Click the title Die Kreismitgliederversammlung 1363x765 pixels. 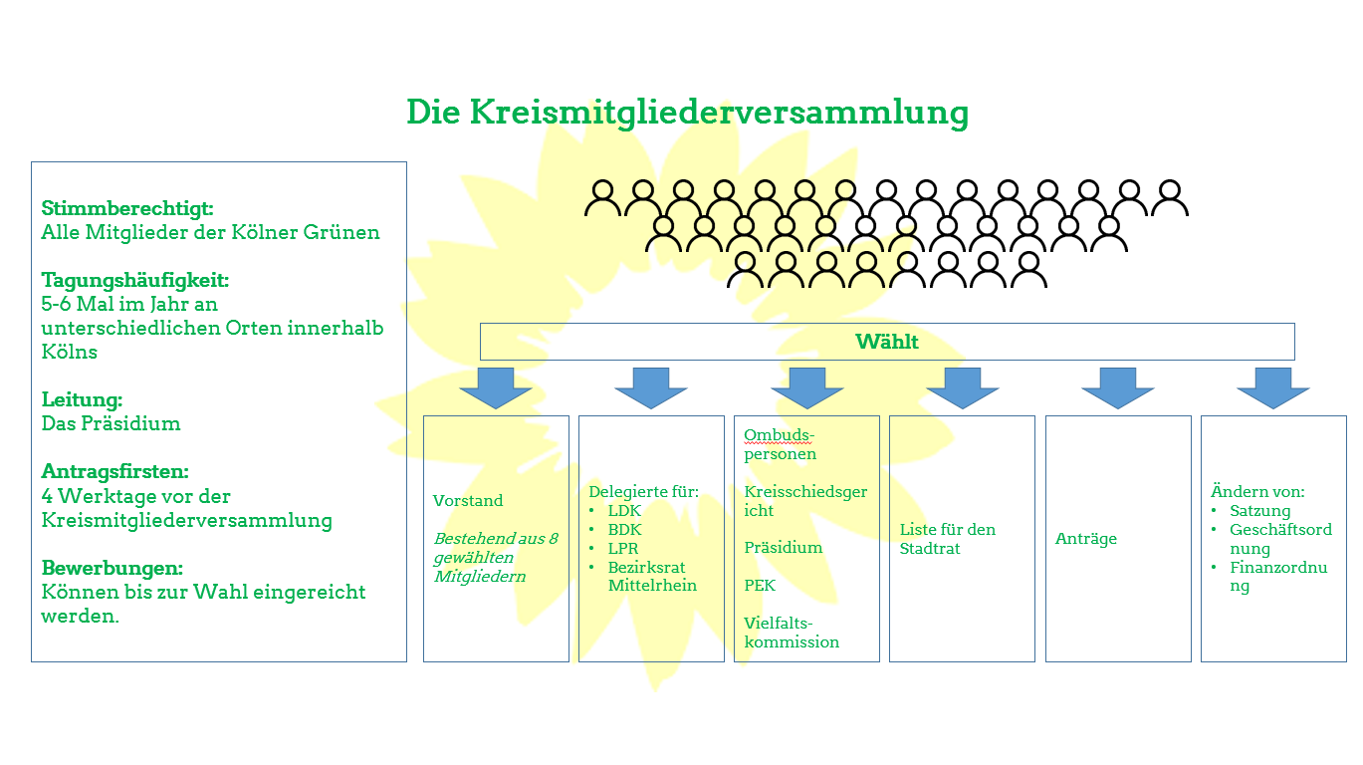pyautogui.click(x=687, y=112)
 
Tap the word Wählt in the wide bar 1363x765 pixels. pyautogui.click(x=886, y=342)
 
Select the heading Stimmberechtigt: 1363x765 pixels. pyautogui.click(x=127, y=208)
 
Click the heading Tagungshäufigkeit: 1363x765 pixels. pyautogui.click(x=141, y=280)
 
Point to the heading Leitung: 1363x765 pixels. pyautogui.click(x=82, y=399)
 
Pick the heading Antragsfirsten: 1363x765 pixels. pyautogui.click(x=114, y=471)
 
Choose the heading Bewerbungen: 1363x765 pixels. pyautogui.click(x=113, y=568)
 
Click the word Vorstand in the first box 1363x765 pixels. pyautogui.click(x=468, y=500)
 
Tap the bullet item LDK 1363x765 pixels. pyautogui.click(x=624, y=510)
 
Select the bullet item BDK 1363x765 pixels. pyautogui.click(x=625, y=529)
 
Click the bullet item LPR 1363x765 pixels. pyautogui.click(x=623, y=548)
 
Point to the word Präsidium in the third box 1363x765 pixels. pyautogui.click(x=784, y=548)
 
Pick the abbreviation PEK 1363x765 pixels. pyautogui.click(x=760, y=585)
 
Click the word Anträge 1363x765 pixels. pyautogui.click(x=1085, y=539)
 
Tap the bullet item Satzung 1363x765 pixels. pyautogui.click(x=1259, y=510)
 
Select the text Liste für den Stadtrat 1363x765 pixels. pyautogui.click(x=947, y=539)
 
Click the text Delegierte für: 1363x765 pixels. pyautogui.click(x=643, y=491)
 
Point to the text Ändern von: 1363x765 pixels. pyautogui.click(x=1256, y=491)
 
